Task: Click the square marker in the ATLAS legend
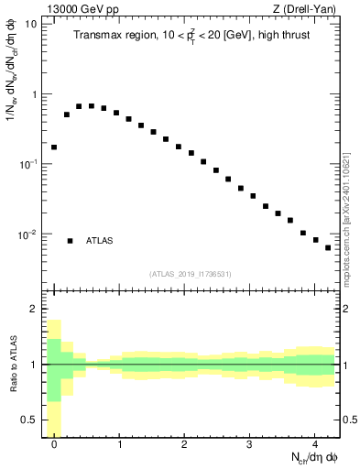[70, 241]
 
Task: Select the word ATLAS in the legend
[100, 241]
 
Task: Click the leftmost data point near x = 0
[54, 147]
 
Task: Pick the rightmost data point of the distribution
[328, 247]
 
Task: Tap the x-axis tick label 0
[54, 446]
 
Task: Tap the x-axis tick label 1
[119, 446]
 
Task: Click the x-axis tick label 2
[184, 446]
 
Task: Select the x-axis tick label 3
[249, 446]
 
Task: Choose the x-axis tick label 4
[314, 446]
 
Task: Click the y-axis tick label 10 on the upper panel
[30, 24]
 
